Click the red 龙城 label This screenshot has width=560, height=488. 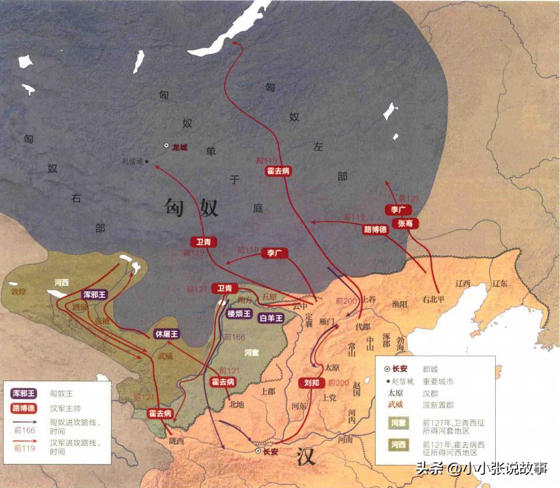180,146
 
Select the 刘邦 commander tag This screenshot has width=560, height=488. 312,383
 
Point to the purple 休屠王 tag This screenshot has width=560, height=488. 167,334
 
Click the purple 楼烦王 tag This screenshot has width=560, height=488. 239,313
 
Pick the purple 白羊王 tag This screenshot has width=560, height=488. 271,318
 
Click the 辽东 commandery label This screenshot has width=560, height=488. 501,284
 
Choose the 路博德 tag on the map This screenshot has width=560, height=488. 376,229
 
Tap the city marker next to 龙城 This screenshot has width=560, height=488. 166,146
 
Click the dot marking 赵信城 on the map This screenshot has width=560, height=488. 146,161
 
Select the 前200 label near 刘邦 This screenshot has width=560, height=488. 339,383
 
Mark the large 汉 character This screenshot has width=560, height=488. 307,457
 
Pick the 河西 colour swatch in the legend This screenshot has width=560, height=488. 399,445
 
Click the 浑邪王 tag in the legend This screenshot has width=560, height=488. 24,394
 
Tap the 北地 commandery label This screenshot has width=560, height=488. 237,404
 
